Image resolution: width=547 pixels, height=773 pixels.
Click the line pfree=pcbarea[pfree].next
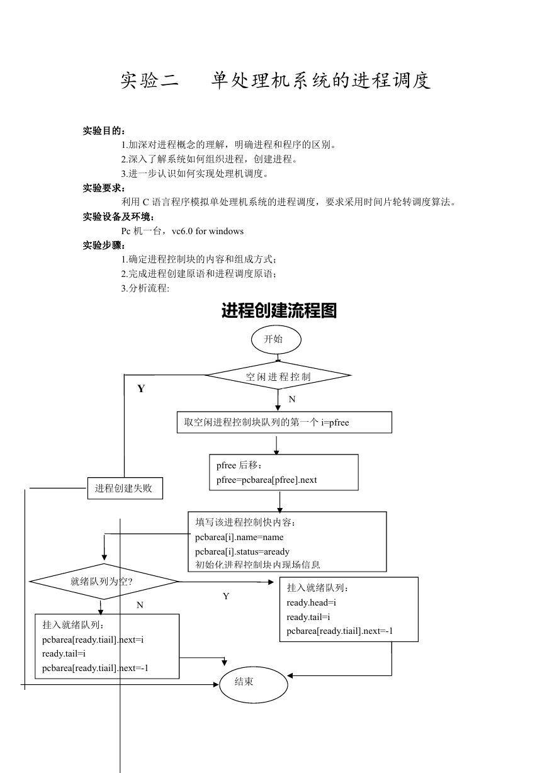click(266, 480)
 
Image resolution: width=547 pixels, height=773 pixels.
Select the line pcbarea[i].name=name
click(239, 537)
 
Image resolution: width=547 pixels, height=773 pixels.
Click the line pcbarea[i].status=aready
click(242, 551)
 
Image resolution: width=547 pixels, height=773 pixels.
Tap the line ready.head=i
click(312, 602)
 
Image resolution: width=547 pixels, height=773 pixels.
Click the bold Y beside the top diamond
click(141, 388)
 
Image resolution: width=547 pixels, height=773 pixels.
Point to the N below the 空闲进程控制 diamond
click(292, 399)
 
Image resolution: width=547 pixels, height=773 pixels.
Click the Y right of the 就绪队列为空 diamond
click(226, 596)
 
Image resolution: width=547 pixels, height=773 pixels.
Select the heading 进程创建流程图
click(279, 310)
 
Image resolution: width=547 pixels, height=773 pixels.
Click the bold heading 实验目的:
click(104, 131)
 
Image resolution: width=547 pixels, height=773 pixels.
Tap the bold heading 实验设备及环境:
click(118, 217)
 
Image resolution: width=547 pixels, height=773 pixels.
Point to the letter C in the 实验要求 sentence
click(146, 202)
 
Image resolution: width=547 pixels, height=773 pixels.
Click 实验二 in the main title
click(149, 81)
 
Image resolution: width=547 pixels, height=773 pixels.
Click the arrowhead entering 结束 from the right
click(290, 675)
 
